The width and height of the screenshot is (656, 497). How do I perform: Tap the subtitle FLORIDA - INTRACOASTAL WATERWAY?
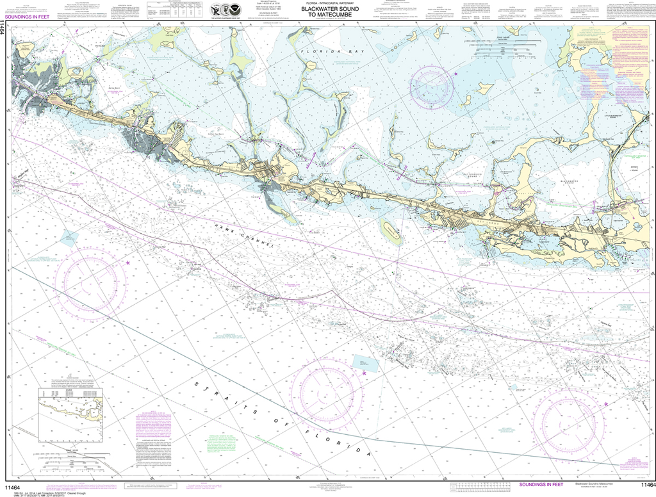coord(327,4)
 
